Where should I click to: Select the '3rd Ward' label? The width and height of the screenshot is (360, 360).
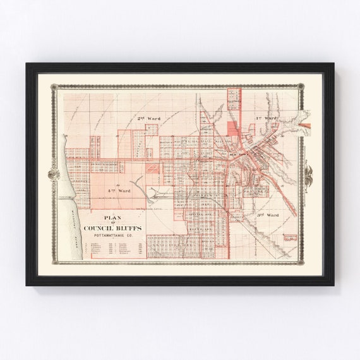[268, 215]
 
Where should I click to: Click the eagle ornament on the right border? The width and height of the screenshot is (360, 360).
[309, 172]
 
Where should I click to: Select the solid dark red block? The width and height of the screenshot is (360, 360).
[232, 129]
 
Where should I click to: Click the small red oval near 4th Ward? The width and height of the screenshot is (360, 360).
[152, 168]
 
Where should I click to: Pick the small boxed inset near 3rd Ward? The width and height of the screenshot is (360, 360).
[290, 238]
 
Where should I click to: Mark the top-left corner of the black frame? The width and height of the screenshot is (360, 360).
[27, 63]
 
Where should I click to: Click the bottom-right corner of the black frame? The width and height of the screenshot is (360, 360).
[333, 285]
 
